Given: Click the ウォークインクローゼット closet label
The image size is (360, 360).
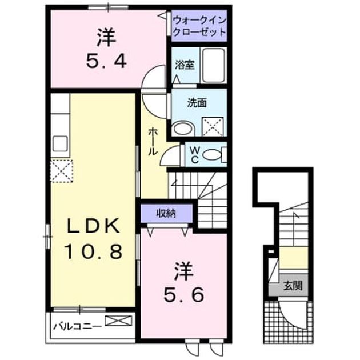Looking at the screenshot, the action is (x=199, y=26).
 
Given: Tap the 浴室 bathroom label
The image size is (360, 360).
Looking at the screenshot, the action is (x=185, y=65).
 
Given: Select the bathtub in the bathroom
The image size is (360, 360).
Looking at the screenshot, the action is (x=213, y=66).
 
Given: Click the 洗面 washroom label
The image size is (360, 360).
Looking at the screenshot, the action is (x=197, y=103).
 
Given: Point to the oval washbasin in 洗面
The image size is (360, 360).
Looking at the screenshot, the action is (x=183, y=129).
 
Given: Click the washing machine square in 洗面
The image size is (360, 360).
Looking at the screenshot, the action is (x=213, y=127).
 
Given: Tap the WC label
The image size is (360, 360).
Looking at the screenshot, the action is (x=195, y=155).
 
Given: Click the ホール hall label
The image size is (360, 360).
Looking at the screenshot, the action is (x=153, y=142).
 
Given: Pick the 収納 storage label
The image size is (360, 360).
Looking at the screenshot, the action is (x=166, y=214).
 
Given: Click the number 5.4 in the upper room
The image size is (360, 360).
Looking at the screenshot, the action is (x=106, y=62).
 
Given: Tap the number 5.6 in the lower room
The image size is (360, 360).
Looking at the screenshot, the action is (x=183, y=295).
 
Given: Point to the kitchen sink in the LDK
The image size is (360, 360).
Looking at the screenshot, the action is (x=60, y=143).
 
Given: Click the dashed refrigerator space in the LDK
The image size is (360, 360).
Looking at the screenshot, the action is (x=62, y=171).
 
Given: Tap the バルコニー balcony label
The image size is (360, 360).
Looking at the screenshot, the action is (x=77, y=326).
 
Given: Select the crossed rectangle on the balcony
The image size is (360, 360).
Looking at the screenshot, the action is (x=118, y=321).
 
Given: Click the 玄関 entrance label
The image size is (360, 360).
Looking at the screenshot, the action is (x=293, y=286).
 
